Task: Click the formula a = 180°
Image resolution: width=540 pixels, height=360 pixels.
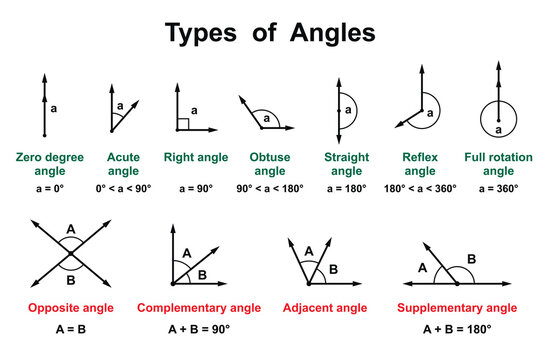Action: pos(345,187)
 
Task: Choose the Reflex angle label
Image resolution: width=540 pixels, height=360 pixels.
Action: pos(420,164)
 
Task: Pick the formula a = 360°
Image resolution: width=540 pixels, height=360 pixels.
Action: pos(498,187)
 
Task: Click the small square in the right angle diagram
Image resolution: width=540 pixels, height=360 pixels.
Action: pos(182,125)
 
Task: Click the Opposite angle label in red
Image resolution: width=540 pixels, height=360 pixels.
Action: pos(69,307)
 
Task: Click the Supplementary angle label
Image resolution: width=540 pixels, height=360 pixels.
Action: pos(457,307)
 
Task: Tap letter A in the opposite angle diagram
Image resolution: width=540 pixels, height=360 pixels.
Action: pos(69,229)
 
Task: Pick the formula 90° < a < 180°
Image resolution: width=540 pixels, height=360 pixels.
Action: pos(271,187)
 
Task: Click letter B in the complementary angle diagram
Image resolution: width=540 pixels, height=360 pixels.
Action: pos(203,274)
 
